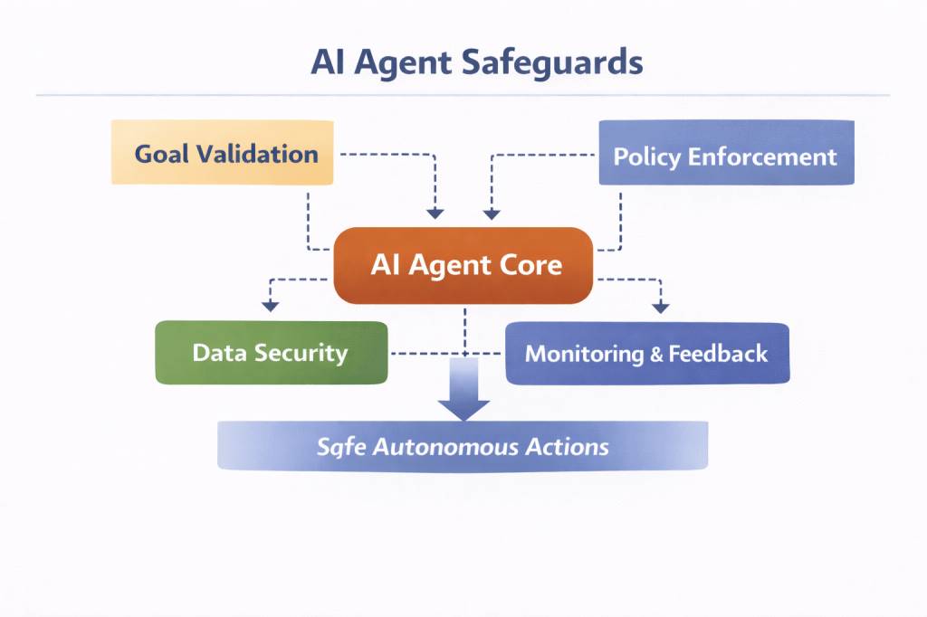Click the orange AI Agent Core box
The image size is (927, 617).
[464, 266]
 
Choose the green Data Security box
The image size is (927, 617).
[271, 352]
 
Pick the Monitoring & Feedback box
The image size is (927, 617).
[646, 353]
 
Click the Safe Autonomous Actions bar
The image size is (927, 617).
[462, 446]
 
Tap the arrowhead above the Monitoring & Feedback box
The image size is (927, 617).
[661, 308]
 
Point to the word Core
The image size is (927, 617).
[531, 266]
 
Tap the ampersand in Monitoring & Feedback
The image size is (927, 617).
[657, 354]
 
